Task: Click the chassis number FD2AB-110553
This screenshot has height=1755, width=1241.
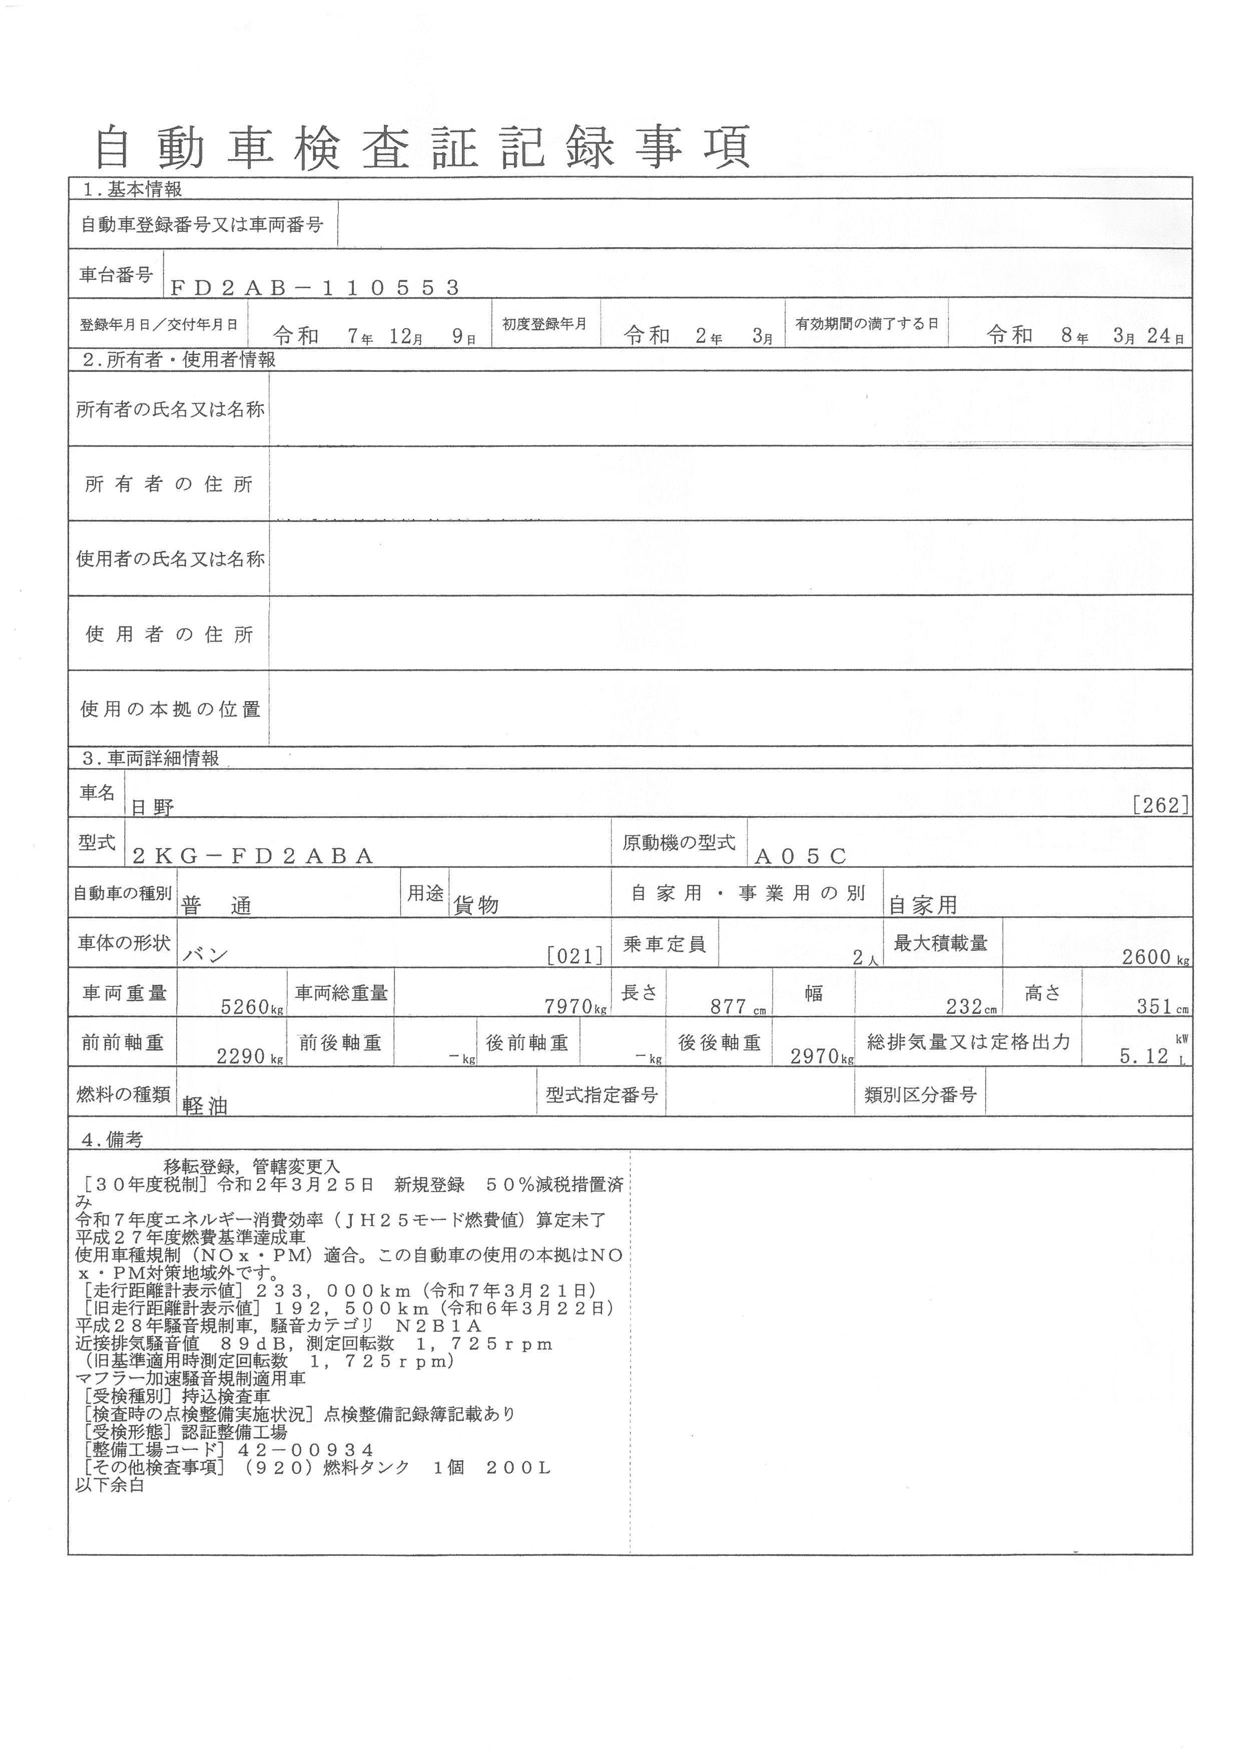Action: [x=314, y=287]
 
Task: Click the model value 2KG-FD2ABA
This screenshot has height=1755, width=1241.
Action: [x=253, y=856]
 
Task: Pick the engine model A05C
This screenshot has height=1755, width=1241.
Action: [x=800, y=856]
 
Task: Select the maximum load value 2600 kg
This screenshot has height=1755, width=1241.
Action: [x=1154, y=957]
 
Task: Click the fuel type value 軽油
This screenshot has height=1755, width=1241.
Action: [x=206, y=1106]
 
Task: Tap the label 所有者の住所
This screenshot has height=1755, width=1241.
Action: [x=169, y=484]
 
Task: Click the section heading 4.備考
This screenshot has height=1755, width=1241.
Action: [x=112, y=1139]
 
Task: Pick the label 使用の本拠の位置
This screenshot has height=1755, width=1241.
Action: [x=171, y=709]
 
